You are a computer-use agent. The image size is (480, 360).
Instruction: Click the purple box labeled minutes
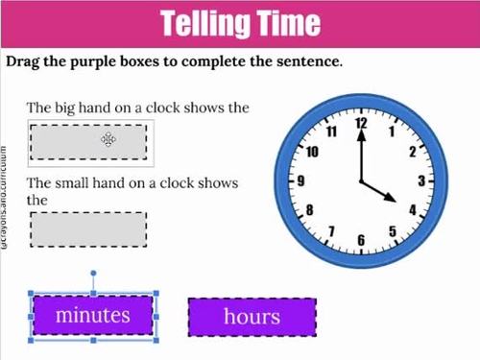pos(92,315)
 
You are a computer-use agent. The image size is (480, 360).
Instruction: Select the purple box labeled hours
pos(252,317)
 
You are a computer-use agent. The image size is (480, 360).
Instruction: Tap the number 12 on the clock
pos(362,125)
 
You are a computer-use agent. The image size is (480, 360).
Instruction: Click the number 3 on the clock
pos(420,180)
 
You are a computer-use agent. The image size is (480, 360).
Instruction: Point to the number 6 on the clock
pos(361,239)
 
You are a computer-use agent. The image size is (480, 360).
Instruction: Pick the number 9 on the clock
pos(301,180)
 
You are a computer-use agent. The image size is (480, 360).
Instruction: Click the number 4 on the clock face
pos(412,209)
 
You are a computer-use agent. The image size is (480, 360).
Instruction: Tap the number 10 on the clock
pos(312,151)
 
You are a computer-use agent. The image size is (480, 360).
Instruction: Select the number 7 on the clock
pos(331,231)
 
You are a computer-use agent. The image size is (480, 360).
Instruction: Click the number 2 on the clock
pos(412,151)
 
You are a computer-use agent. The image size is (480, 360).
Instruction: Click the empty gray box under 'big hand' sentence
pos(88,140)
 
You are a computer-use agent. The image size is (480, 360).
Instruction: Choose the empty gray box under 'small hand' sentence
pos(88,230)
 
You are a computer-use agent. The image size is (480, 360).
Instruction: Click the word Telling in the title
pos(207,23)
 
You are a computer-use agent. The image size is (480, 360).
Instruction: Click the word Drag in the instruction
pos(25,61)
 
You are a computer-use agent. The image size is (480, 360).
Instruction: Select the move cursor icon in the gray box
pos(108,140)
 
